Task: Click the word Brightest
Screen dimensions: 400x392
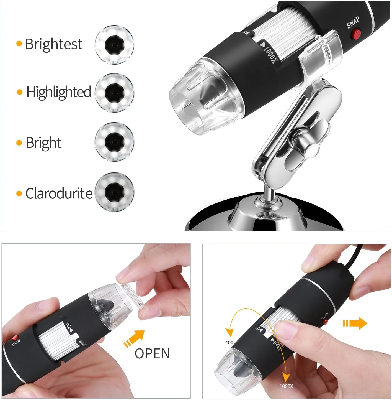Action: coord(54,44)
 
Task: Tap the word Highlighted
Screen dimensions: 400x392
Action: coord(59,92)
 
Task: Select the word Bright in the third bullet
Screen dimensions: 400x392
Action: coord(43,143)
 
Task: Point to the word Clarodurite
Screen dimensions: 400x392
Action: coord(59,193)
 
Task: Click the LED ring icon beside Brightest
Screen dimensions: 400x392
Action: coord(114,45)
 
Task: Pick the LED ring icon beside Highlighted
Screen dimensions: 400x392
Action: coord(114,93)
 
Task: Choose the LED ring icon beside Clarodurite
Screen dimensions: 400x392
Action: coord(114,192)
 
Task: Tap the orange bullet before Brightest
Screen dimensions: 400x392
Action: coord(19,44)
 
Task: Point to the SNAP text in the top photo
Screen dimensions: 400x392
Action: coord(353,22)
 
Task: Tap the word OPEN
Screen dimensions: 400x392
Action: coord(152,354)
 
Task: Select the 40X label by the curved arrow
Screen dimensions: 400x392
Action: coord(229,343)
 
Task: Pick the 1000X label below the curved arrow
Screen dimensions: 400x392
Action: coord(286,386)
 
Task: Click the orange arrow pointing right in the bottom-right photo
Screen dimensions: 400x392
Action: coord(355,323)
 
